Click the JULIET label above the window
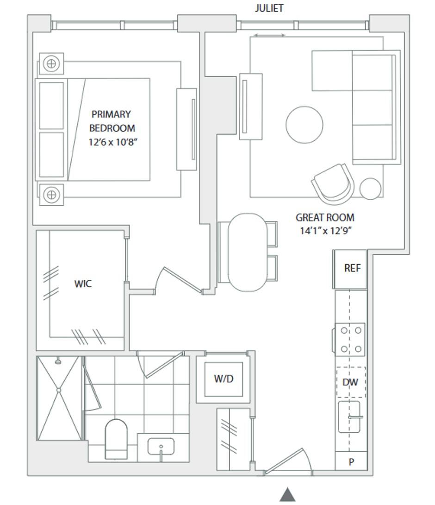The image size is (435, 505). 269,8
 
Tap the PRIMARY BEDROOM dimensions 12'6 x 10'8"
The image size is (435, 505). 112,142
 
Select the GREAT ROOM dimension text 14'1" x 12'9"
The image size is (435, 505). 325,231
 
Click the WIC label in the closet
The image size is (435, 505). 83,284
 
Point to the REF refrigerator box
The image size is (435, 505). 350,269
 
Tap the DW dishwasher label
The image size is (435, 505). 350,382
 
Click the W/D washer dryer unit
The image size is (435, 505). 224,379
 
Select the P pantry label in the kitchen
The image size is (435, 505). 351,462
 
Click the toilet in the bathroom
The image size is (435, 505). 116,439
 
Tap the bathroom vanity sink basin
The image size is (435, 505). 161,446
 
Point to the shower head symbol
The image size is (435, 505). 58,361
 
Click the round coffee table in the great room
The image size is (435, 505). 304,125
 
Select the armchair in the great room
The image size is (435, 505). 333,184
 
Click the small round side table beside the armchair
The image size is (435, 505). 370,189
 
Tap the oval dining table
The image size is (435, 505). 248,252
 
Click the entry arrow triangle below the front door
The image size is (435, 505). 287,494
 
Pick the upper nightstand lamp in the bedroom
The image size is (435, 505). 51,63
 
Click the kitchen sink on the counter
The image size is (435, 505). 349,417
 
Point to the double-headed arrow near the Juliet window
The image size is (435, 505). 269,35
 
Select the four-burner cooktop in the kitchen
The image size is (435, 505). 350,340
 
